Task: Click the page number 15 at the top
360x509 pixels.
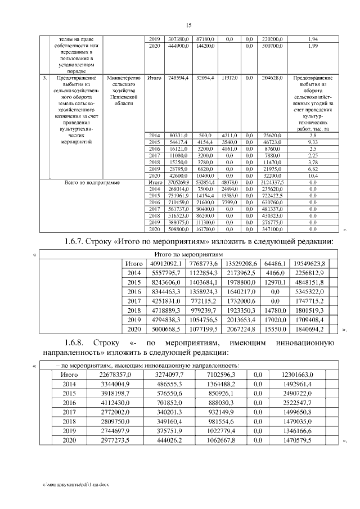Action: (188, 25)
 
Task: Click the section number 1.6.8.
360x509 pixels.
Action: (78, 342)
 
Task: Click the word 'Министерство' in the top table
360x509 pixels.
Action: (125, 78)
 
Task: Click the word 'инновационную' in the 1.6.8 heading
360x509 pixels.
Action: (307, 342)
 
